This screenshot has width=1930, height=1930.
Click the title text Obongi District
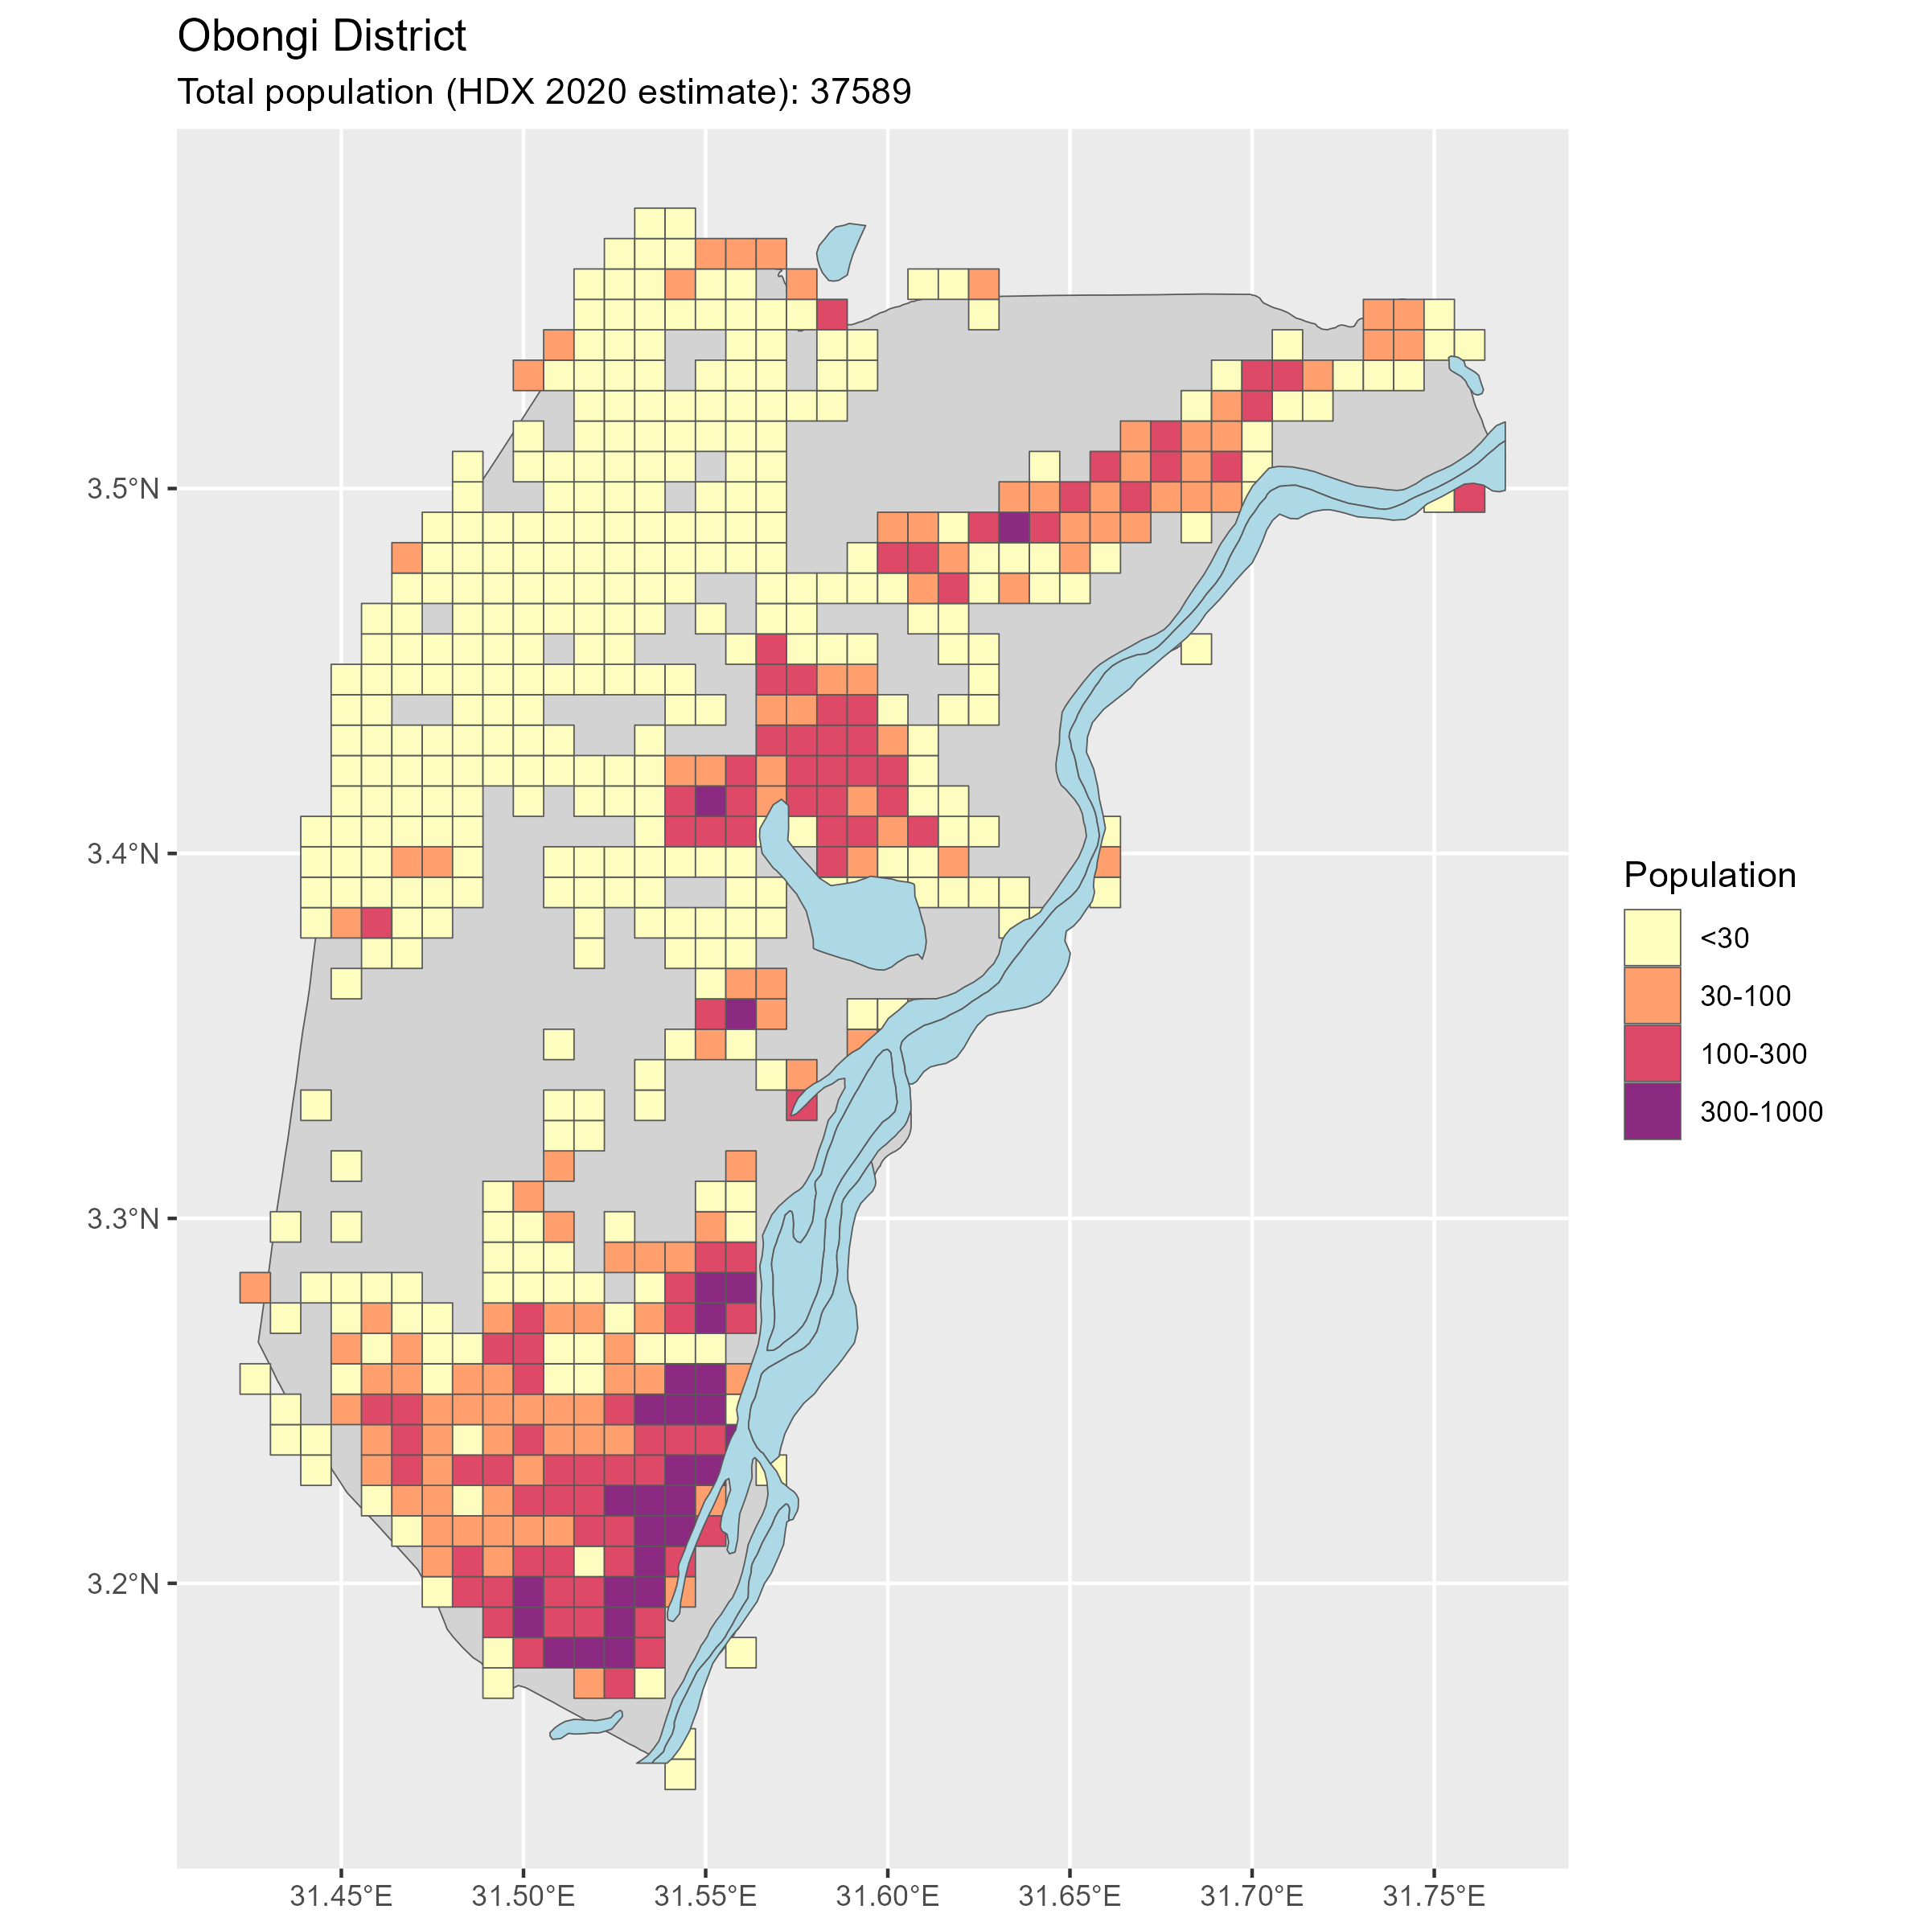click(x=321, y=37)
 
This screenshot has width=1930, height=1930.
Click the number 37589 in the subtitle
click(x=860, y=92)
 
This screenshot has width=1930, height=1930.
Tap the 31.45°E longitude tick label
click(x=342, y=1894)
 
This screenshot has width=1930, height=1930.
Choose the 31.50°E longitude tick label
click(x=524, y=1894)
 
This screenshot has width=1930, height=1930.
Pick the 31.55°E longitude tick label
click(x=706, y=1894)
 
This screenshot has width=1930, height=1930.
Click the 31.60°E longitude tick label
click(x=888, y=1894)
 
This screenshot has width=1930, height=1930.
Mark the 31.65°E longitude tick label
click(x=1070, y=1894)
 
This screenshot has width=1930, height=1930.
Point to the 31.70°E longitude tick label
click(x=1252, y=1894)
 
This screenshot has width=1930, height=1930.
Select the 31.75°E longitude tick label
click(x=1435, y=1894)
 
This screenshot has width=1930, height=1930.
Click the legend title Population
click(x=1709, y=875)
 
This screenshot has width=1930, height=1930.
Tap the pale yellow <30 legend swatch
click(x=1651, y=937)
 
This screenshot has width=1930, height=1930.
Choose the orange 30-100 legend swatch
click(x=1651, y=995)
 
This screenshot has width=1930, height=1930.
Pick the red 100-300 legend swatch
click(x=1651, y=1053)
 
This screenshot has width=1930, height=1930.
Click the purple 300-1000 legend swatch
click(x=1651, y=1111)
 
